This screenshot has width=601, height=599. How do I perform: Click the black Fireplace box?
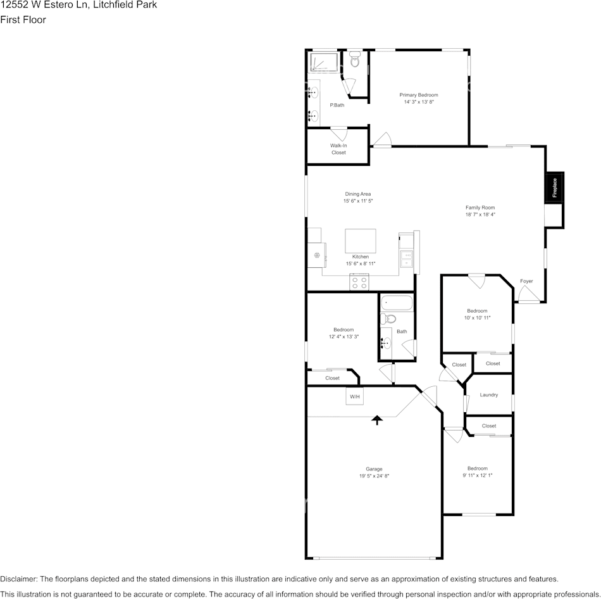pos(554,187)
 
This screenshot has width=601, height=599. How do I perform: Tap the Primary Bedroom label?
pos(418,95)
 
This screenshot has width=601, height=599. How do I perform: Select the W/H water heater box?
pos(354,396)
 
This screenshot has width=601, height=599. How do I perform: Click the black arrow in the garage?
pos(377,419)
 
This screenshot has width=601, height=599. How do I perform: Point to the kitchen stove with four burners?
pos(359,282)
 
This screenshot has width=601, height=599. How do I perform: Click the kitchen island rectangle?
pos(360,241)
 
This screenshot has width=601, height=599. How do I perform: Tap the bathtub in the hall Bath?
pos(396,303)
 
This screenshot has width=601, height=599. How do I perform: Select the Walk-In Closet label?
pos(338,149)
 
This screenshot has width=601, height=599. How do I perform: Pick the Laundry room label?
pos(488,394)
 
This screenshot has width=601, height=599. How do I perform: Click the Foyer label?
pos(526,281)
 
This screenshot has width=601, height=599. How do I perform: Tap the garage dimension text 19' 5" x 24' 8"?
pos(374,476)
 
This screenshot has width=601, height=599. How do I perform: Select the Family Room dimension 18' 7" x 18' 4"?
pos(480,215)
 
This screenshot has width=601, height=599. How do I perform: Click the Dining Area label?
pos(357,194)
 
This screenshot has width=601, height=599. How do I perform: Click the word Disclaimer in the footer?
pos(18,579)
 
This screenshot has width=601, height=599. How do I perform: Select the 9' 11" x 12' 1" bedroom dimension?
pos(477,475)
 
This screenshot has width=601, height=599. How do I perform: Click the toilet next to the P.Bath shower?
pos(354,61)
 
